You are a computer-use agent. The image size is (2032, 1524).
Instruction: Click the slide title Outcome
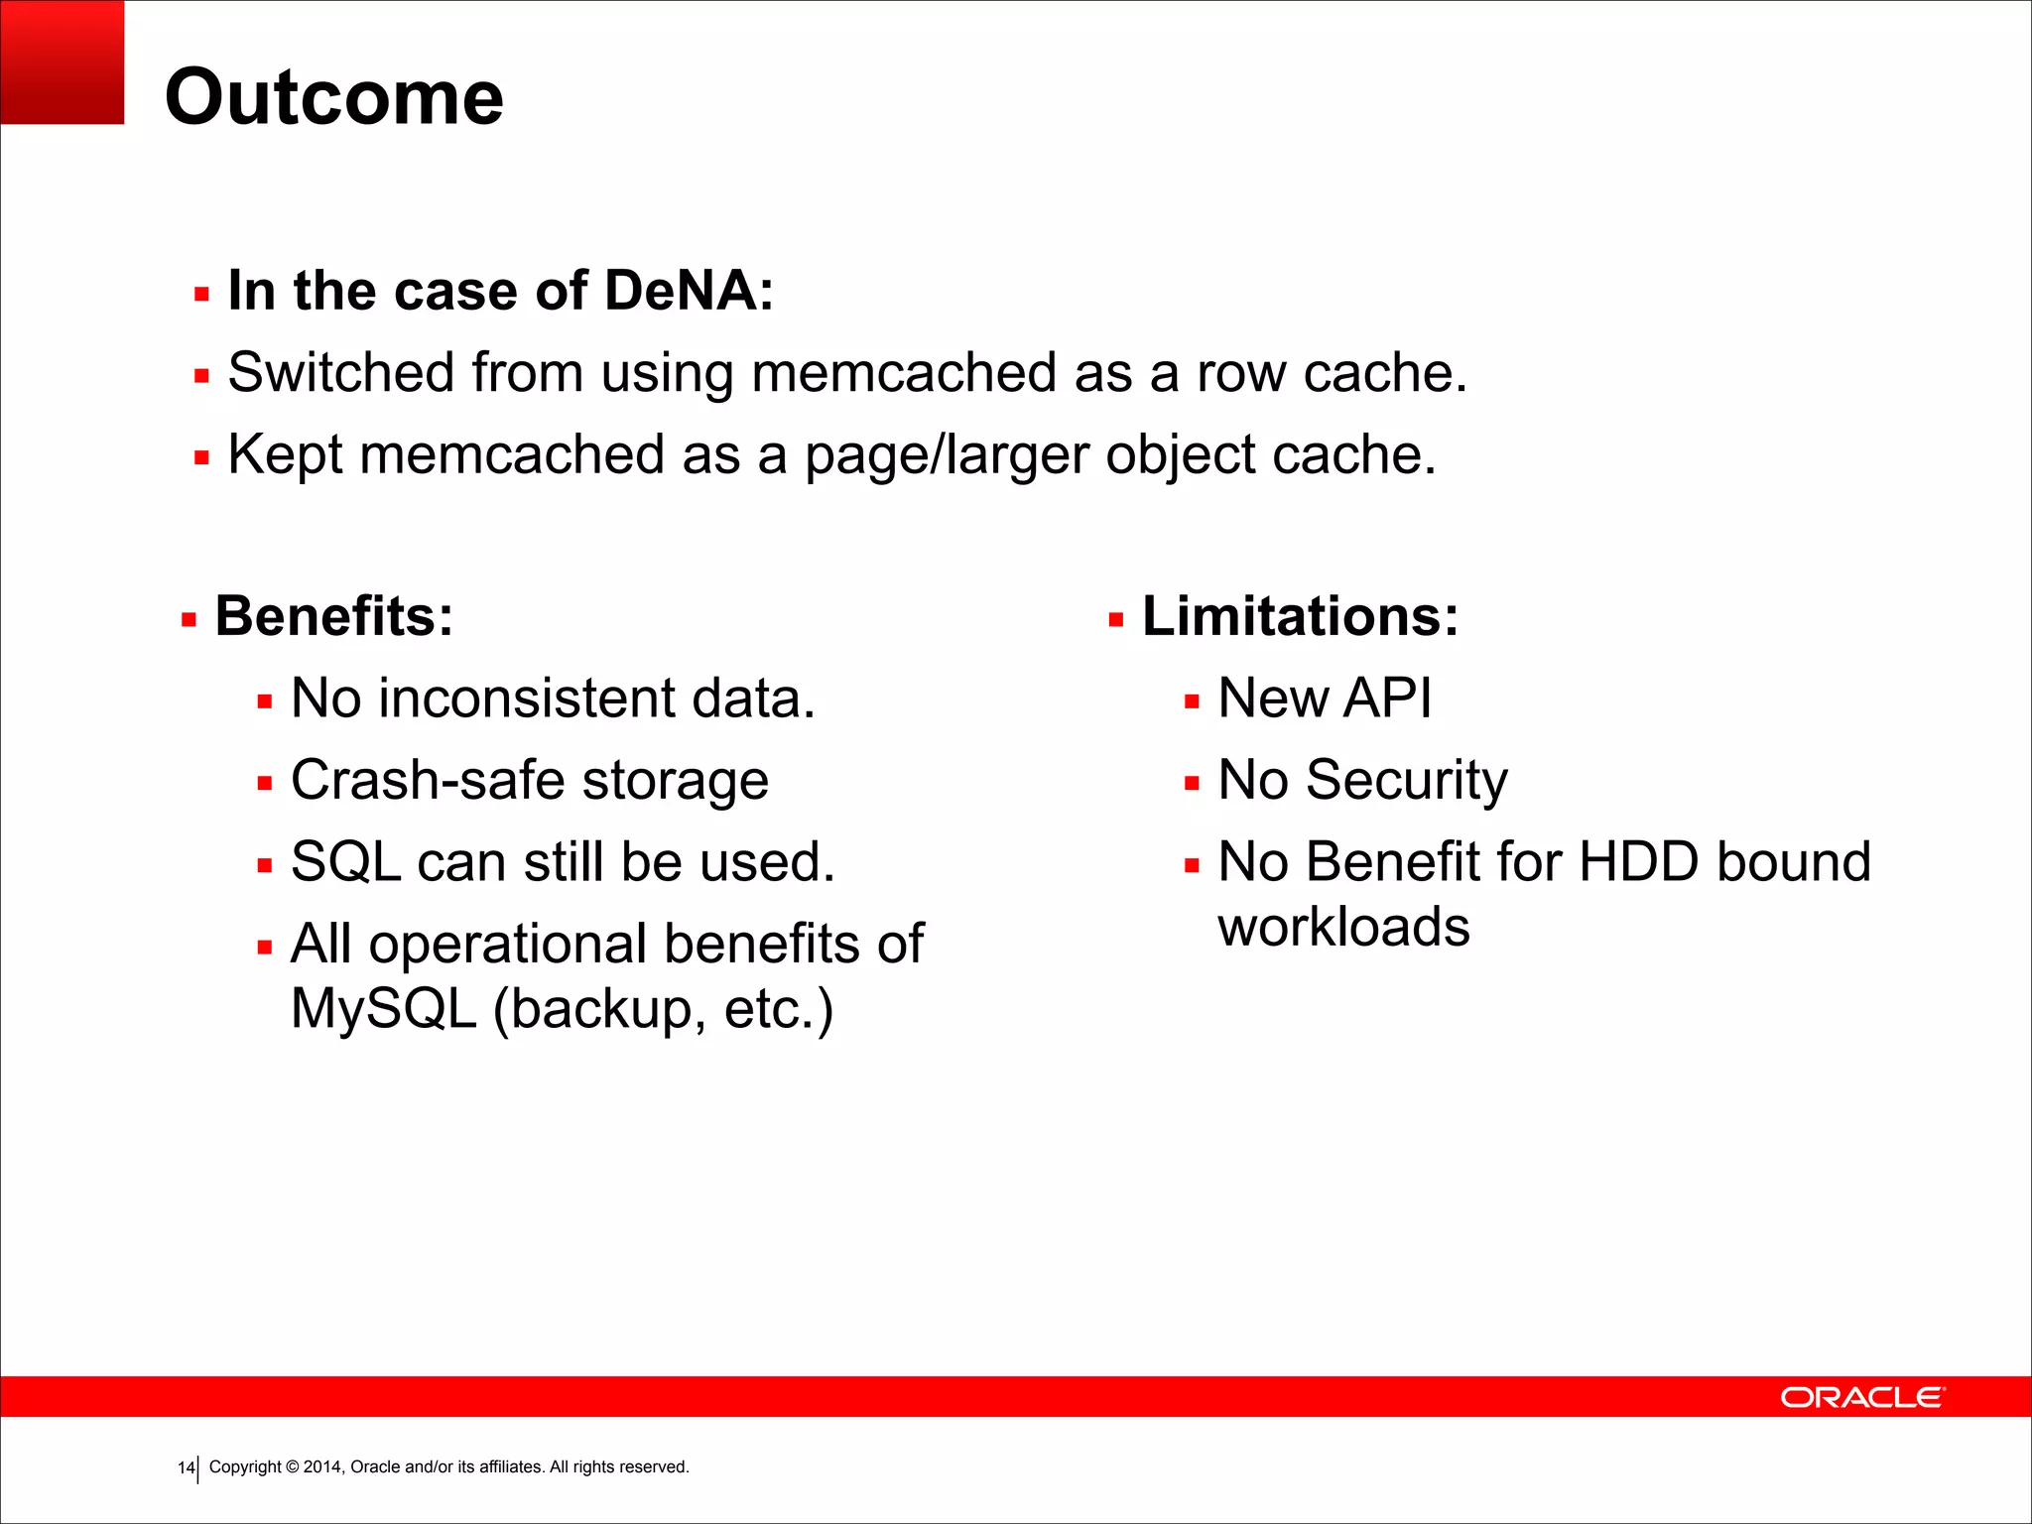(x=334, y=98)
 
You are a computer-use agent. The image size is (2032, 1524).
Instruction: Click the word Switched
(x=340, y=374)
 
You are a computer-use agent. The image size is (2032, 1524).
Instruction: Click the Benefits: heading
(x=334, y=616)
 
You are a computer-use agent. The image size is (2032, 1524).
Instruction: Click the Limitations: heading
(x=1301, y=616)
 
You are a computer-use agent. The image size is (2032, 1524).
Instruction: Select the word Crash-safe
(x=429, y=780)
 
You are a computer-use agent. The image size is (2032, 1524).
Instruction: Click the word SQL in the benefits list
(x=346, y=862)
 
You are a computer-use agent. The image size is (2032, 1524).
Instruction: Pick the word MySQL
(x=384, y=1009)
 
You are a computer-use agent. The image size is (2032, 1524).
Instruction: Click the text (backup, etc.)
(x=663, y=1009)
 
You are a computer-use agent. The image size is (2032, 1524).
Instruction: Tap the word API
(x=1388, y=698)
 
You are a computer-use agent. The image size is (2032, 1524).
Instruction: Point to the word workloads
(x=1343, y=928)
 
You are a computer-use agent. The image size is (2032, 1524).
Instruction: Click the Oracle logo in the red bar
(x=1862, y=1397)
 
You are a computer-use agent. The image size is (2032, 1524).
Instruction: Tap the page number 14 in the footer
(x=186, y=1467)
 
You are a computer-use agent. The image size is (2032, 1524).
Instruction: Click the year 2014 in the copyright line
(x=322, y=1467)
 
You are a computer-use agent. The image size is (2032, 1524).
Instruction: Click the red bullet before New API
(x=1192, y=702)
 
